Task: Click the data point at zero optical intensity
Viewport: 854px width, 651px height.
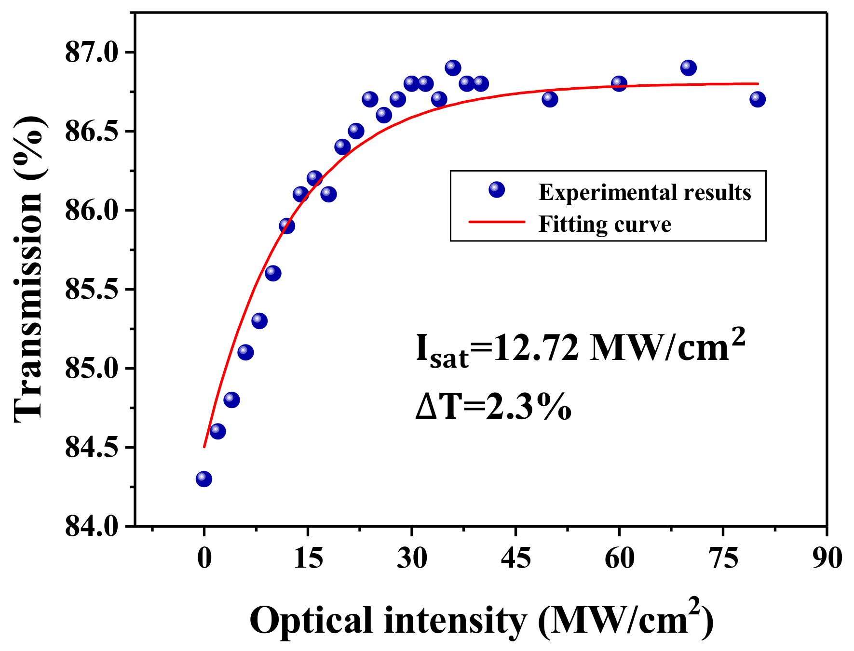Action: [204, 479]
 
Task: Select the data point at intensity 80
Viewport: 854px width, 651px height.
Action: [758, 99]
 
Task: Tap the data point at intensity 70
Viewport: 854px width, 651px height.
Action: [689, 68]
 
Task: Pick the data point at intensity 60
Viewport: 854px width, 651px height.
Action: [619, 84]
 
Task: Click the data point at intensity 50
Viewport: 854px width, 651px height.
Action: [550, 99]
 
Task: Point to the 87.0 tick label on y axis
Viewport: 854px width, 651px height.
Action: [92, 53]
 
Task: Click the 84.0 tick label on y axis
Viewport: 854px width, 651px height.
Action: [92, 527]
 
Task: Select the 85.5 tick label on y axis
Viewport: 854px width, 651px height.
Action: [92, 290]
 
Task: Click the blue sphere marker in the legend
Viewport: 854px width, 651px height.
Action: [496, 190]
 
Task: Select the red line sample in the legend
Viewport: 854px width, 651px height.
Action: [496, 222]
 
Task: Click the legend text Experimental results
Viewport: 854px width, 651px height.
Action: [645, 192]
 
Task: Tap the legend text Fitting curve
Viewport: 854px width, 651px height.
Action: [605, 224]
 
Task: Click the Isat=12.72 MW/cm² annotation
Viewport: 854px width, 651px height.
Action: [580, 349]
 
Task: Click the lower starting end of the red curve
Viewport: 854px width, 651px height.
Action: [204, 446]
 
